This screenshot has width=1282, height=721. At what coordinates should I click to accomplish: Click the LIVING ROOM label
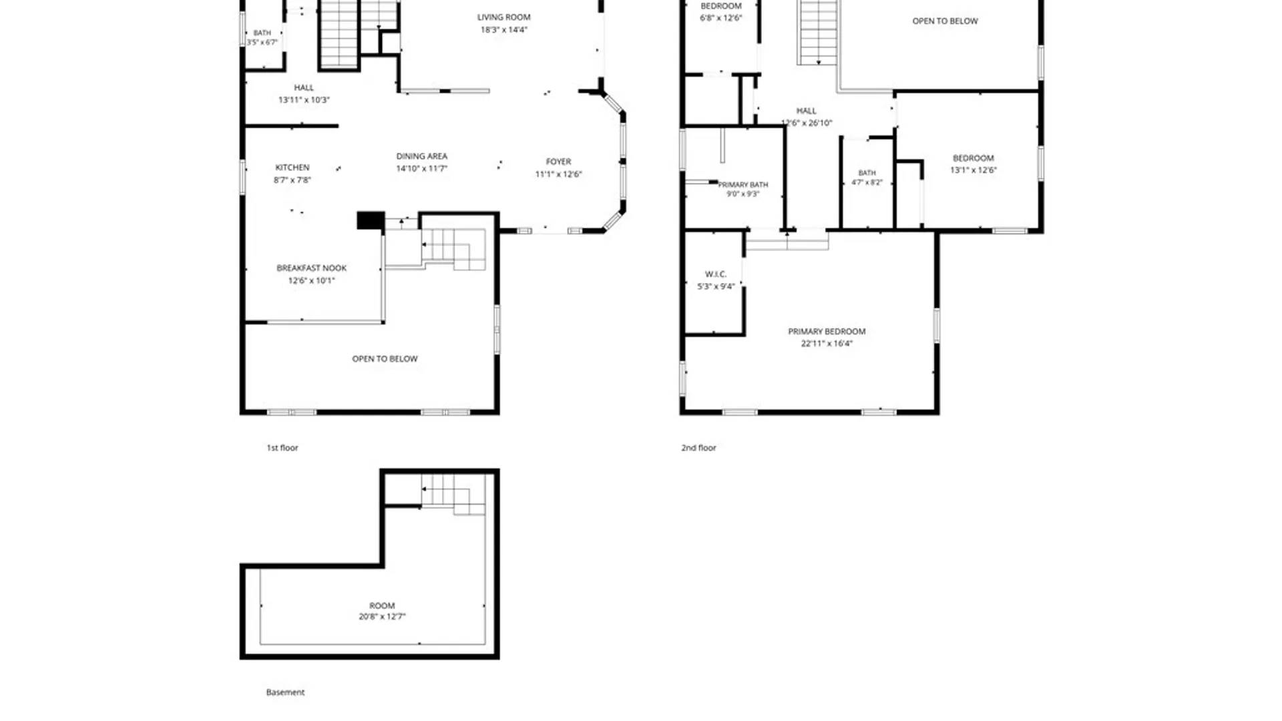point(504,17)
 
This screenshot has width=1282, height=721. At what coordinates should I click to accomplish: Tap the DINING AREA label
point(422,156)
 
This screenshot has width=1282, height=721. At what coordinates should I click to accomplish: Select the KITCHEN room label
point(292,168)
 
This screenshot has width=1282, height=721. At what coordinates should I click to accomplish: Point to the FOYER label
point(558,162)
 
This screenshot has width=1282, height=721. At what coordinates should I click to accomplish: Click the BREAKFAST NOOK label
point(312,268)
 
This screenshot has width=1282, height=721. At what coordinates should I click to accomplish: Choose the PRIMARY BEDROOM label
point(827,331)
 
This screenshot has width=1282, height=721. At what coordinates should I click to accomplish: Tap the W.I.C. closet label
point(716,274)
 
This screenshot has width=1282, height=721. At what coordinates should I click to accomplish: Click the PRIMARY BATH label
point(743,185)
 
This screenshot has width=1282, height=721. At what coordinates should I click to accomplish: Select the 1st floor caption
point(282,448)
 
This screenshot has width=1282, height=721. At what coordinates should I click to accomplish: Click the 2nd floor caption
point(698,448)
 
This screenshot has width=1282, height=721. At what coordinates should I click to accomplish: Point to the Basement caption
point(285,692)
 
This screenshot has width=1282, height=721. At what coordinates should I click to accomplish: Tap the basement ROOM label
point(382,606)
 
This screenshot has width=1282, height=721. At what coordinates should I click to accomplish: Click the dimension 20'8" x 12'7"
point(382,617)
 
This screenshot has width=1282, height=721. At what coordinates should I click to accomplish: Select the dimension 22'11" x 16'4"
point(827,344)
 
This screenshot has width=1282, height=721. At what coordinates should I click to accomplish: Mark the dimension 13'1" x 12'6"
point(974,170)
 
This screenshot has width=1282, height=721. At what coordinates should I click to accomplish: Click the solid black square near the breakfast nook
point(371,220)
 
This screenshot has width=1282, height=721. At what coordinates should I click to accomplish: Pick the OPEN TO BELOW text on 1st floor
point(385,359)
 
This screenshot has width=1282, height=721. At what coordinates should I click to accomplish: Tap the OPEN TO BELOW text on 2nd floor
point(945,21)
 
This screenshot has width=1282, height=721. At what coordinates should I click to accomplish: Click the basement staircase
point(453,494)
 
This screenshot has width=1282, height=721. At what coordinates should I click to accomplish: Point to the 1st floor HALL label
point(304,87)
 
